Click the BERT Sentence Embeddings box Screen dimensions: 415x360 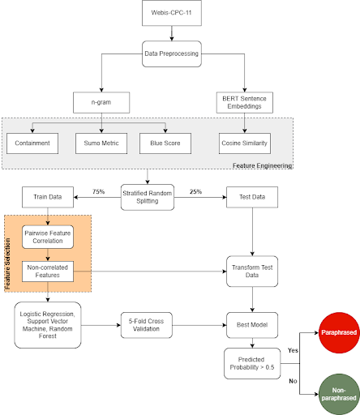pos(244,103)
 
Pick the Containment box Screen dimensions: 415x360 pos(32,143)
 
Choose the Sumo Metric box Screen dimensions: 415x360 pos(98,143)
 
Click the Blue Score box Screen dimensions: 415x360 pos(165,143)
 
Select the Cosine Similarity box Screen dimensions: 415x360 pos(244,143)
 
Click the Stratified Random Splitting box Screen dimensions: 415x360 pos(148,196)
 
